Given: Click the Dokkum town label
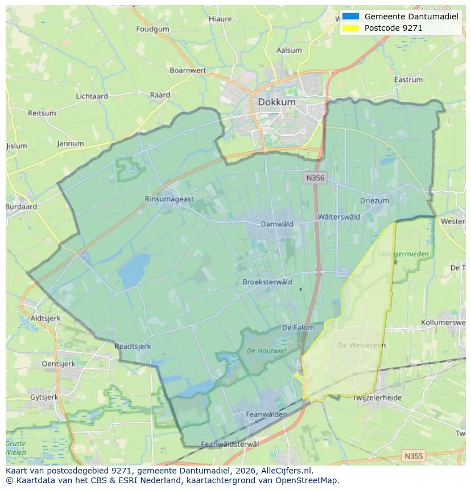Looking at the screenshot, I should tap(276, 102).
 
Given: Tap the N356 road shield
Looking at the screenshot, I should tap(314, 178).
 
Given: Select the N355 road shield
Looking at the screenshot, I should tap(413, 456).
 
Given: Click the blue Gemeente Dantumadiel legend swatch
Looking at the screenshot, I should tap(351, 17).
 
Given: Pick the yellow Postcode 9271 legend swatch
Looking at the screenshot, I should tap(351, 28).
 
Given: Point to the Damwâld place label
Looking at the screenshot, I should tap(276, 224).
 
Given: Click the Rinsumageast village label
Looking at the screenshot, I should tap(169, 199).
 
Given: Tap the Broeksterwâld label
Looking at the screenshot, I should tap(267, 282).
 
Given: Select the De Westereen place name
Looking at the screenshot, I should tap(361, 345).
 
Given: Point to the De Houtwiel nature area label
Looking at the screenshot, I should tap(267, 351).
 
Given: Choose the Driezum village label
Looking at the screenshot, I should tap(374, 201).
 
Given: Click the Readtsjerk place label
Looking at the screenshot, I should tap(133, 345).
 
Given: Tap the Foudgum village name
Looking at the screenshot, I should tap(152, 29).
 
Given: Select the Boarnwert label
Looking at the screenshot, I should tap(188, 71).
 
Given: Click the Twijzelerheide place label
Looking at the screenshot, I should tap(377, 398).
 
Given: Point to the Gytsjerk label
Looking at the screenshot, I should tap(44, 397).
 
